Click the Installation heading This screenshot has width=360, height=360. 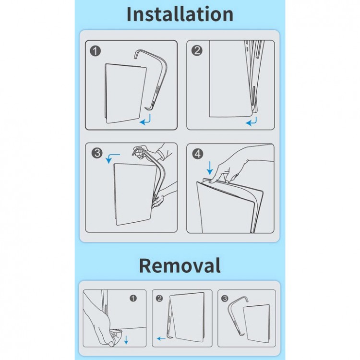pos(180,14)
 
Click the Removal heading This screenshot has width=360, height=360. pos(180,265)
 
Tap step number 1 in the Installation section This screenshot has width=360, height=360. pos(96,51)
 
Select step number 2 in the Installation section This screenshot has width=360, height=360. pos(197,50)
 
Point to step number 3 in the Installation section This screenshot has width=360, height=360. pos(97,153)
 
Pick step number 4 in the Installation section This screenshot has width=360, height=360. pos(198,154)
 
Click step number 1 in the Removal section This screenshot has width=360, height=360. pos(133,298)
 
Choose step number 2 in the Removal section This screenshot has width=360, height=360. pos(159,298)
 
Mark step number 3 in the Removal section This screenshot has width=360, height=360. pos(225,298)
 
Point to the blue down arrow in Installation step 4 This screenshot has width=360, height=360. pos(210,168)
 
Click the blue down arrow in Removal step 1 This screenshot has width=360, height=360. pos(126,340)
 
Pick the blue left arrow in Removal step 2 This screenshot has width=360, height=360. pos(161,338)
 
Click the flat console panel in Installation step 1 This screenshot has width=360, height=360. pos(125,94)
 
